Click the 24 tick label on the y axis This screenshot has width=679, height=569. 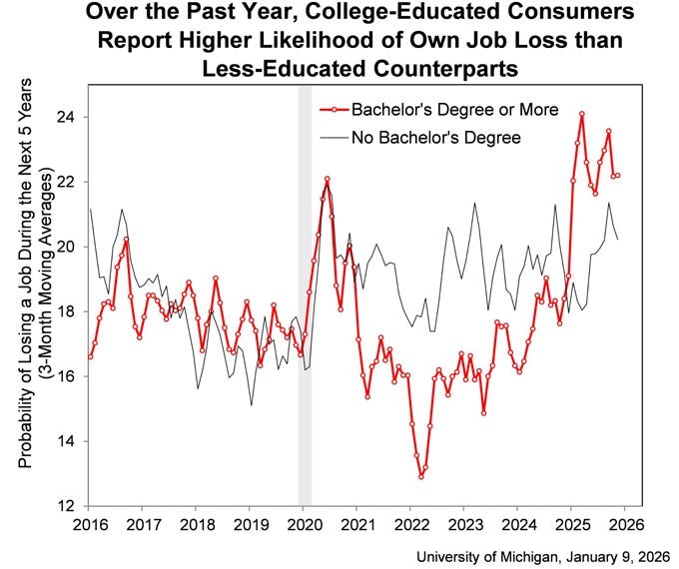click(x=66, y=118)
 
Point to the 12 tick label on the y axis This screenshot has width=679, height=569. click(x=66, y=506)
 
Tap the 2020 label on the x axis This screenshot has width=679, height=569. click(x=303, y=524)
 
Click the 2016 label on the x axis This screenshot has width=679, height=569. click(x=89, y=524)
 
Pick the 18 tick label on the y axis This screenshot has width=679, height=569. click(x=66, y=311)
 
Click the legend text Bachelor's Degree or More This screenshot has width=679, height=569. click(x=454, y=110)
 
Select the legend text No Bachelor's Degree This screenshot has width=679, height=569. click(x=436, y=138)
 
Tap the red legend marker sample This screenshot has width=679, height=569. click(x=334, y=110)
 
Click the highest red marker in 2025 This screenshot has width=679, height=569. click(x=581, y=114)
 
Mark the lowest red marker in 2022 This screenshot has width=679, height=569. click(x=421, y=477)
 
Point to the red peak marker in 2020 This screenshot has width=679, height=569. click(x=327, y=179)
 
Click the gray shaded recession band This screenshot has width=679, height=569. click(x=305, y=296)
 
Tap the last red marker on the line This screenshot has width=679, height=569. click(x=617, y=176)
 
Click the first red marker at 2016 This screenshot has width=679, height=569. click(x=90, y=356)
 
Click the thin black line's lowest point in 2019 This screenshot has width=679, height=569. click(x=252, y=405)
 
